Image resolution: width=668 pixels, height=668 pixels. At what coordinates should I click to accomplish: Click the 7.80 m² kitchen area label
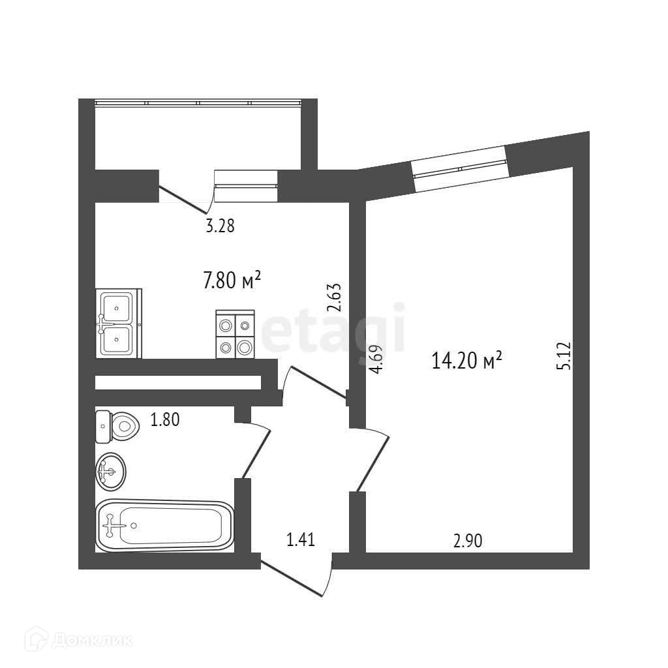point(232,281)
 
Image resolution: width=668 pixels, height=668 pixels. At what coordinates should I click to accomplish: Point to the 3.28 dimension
point(220,226)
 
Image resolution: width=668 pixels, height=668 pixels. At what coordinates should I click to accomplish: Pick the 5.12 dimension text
point(564,357)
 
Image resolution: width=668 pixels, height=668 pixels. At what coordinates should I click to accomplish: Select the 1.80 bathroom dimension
point(164,420)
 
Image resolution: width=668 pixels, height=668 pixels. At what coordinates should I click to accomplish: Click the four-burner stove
point(235,334)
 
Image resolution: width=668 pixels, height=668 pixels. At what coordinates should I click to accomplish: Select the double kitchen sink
point(118,324)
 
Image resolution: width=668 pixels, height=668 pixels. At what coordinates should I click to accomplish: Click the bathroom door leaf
point(256,450)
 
